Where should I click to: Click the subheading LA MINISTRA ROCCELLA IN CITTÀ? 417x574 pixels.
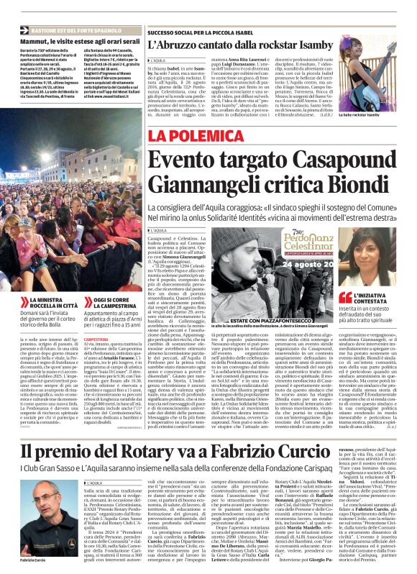point(46,301)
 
